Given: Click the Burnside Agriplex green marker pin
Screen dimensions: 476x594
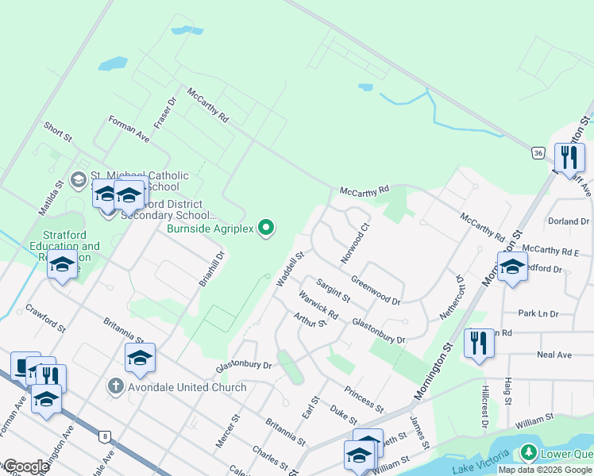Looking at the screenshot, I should (267, 228).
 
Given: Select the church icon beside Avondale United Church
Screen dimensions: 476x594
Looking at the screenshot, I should (115, 387).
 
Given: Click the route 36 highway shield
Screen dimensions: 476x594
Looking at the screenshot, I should (538, 152).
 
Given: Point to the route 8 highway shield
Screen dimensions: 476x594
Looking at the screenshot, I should (104, 436).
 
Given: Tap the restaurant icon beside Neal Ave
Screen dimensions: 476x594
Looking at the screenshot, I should (478, 344).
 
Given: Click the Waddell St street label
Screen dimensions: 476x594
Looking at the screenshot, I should (290, 270).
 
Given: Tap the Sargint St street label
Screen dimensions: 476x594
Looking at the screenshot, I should (333, 290).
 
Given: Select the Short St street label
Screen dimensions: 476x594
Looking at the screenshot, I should (58, 132).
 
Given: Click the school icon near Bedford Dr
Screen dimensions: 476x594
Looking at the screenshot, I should (512, 267).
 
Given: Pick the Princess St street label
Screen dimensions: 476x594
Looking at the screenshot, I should (364, 400).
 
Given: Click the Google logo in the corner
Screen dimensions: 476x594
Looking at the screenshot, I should (25, 466).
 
